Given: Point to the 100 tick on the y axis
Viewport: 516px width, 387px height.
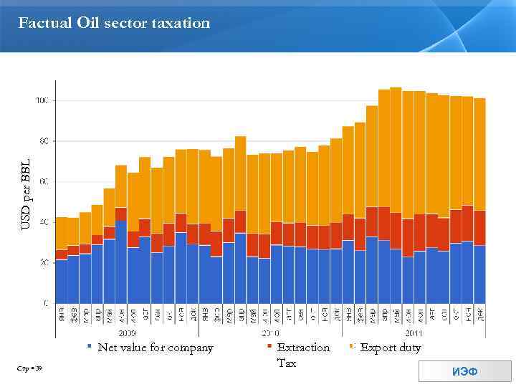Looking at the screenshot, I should [42, 101].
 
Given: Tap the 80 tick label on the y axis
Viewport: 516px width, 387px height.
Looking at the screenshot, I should [44, 141].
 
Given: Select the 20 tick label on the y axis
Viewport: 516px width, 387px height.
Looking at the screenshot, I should [44, 263].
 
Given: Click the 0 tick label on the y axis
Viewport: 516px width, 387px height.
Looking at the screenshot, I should [46, 303].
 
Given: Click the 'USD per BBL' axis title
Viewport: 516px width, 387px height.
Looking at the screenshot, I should [25, 194].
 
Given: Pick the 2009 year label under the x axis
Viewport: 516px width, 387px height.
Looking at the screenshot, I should [128, 333].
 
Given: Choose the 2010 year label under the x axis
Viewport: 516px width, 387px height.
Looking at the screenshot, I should [271, 333].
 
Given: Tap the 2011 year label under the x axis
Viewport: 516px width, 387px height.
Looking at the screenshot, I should [414, 333].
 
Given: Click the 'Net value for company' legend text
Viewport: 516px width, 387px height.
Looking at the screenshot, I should [156, 348].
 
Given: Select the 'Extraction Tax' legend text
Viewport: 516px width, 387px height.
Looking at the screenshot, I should [303, 355].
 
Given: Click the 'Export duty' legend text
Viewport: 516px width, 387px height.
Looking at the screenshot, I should [391, 348].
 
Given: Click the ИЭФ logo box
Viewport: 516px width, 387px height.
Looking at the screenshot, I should [464, 371].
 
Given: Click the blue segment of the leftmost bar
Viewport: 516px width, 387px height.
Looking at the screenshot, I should [62, 281].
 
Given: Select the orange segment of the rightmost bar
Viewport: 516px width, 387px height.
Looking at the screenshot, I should [479, 154].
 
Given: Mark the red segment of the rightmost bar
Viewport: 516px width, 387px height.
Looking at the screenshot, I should [479, 228].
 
